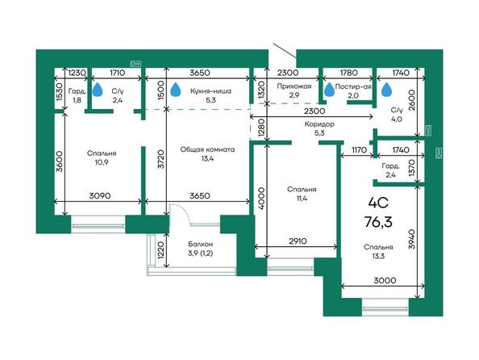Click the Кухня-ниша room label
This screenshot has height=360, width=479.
click(210, 91)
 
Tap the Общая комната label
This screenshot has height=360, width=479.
click(207, 149)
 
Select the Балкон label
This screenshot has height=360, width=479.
click(201, 245)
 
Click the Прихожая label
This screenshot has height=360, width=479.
click(294, 86)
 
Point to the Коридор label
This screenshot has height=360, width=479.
click(319, 124)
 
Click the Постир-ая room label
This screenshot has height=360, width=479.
click(353, 86)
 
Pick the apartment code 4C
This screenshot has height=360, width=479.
click(378, 203)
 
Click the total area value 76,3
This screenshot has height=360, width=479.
click(378, 222)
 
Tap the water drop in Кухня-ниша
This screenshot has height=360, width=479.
click(175, 90)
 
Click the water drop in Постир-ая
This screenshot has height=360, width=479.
click(329, 90)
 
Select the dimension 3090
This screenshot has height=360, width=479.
click(100, 196)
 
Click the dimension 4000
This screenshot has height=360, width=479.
click(261, 199)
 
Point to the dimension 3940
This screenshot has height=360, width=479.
click(412, 239)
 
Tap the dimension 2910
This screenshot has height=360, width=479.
click(298, 241)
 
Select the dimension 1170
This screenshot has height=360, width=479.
click(359, 150)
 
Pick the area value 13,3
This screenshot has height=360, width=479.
click(378, 257)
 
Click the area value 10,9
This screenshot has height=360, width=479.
click(102, 162)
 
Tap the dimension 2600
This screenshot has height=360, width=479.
click(412, 100)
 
